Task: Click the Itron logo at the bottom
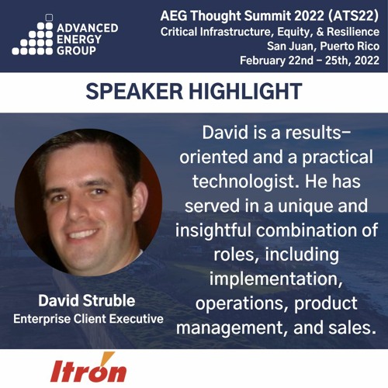coord(88,368)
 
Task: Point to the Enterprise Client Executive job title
coord(88,318)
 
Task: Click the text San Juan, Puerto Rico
coord(321,46)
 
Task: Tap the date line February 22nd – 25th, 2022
coord(308,61)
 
